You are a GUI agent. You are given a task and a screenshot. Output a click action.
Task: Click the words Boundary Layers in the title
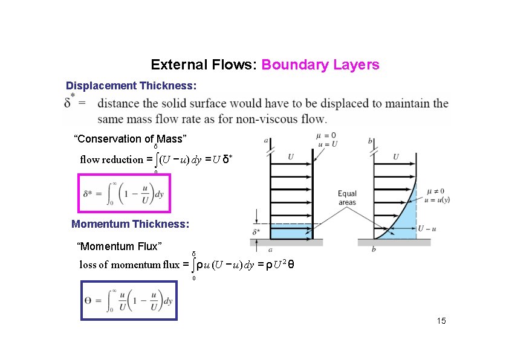[x=320, y=65]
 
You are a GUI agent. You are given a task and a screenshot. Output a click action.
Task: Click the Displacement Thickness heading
[x=131, y=86]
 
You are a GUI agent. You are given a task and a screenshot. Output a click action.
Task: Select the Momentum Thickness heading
[x=130, y=224]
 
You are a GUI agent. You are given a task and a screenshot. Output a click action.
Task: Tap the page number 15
[x=441, y=321]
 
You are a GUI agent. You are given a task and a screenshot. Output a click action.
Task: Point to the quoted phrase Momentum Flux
[x=119, y=246]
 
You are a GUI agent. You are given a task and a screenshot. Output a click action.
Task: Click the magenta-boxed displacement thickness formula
[x=124, y=194]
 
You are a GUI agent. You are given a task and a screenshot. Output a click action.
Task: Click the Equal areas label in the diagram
[x=347, y=198]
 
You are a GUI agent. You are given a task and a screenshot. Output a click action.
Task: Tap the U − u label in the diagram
[x=427, y=228]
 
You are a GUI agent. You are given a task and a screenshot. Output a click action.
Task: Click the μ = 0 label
[x=326, y=135]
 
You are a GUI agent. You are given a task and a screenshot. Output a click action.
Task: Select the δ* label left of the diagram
[x=256, y=231]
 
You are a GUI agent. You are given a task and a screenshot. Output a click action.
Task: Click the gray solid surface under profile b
[x=394, y=242]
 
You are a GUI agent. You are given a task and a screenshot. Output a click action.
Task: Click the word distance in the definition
[x=117, y=103]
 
